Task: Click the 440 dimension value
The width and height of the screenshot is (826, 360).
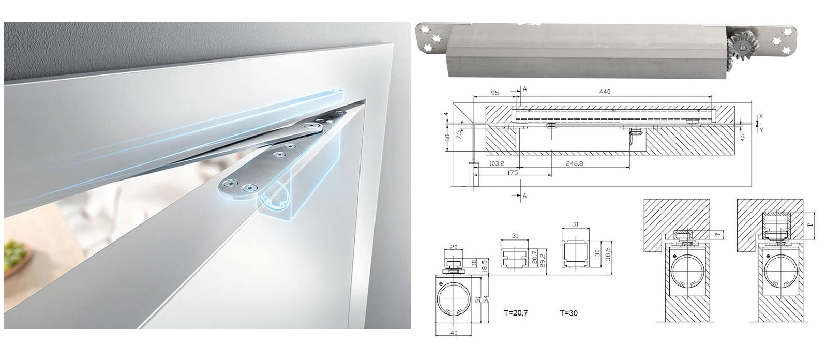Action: (x=605, y=92)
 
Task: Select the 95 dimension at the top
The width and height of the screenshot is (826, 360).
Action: (x=495, y=93)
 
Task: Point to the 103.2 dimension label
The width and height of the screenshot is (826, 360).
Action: (x=497, y=163)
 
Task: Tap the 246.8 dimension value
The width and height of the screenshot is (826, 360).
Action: (x=575, y=163)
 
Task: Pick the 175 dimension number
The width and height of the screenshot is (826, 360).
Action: (x=513, y=172)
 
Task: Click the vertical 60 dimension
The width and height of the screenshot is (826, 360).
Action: (x=447, y=138)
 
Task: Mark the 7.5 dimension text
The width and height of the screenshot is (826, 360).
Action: (x=459, y=133)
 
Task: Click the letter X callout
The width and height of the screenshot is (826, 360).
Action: (x=761, y=116)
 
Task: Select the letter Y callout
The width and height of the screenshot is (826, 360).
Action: (x=761, y=129)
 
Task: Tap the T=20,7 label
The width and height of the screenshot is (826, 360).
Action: (x=516, y=313)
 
